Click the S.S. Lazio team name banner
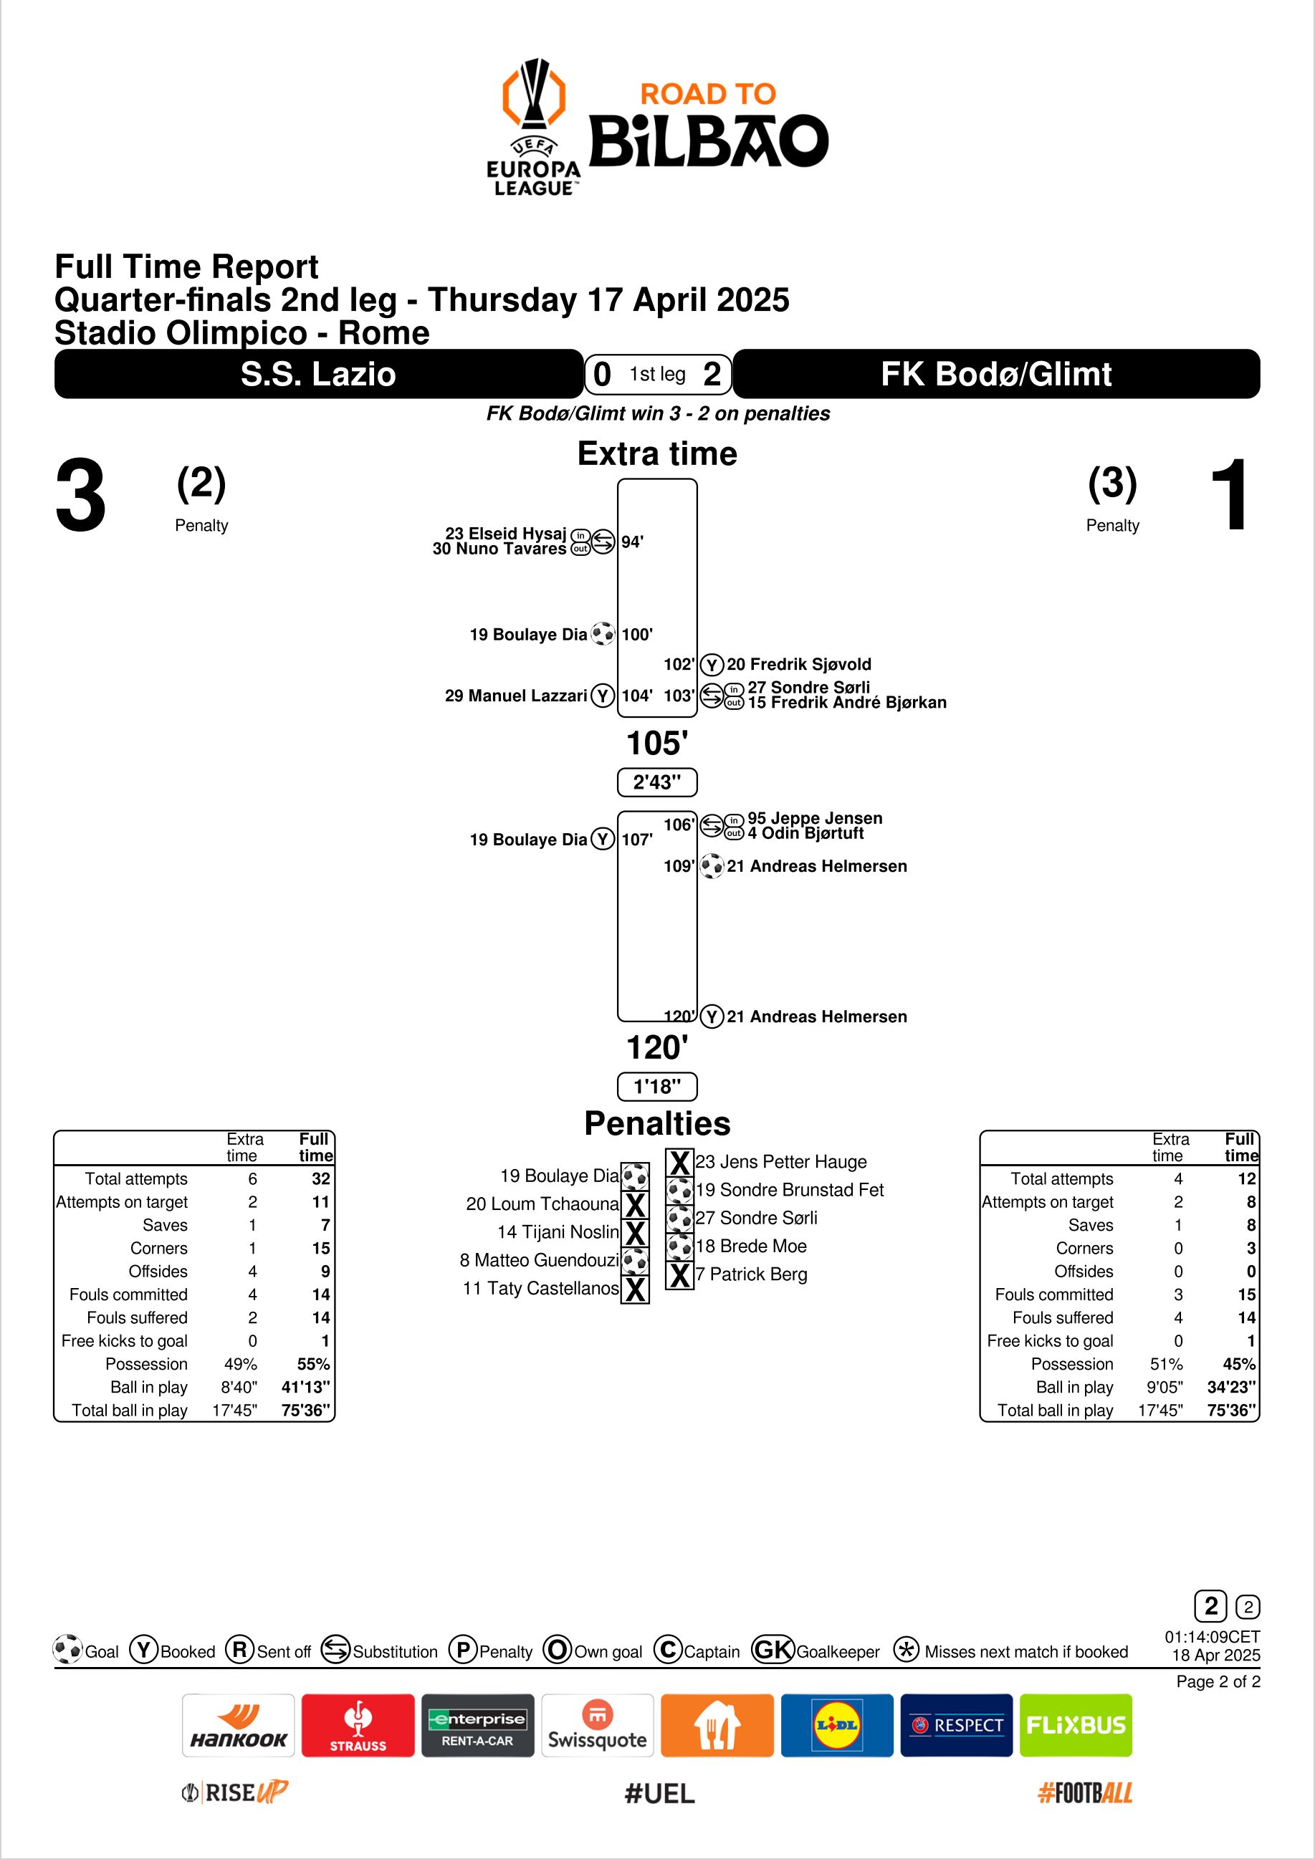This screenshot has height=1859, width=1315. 318,374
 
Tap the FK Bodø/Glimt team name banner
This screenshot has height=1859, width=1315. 995,374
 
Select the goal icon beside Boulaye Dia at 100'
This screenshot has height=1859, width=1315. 603,633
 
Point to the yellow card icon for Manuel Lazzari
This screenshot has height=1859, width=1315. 603,696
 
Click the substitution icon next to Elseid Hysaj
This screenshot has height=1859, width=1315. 603,541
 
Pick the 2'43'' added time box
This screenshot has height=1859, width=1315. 656,782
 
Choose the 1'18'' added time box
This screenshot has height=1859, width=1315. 656,1086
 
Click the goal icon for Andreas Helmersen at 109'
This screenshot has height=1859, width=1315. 712,866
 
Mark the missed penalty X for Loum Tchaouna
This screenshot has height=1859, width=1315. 636,1205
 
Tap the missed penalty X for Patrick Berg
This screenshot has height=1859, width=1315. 680,1275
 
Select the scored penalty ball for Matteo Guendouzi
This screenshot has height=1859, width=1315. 636,1261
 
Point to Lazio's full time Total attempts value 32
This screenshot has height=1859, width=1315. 320,1179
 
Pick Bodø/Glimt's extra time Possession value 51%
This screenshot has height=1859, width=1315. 1166,1364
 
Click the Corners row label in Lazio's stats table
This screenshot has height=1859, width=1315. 158,1249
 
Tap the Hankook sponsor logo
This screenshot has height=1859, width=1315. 238,1726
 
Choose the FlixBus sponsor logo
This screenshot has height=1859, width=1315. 1076,1726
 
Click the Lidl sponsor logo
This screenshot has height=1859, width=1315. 836,1726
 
